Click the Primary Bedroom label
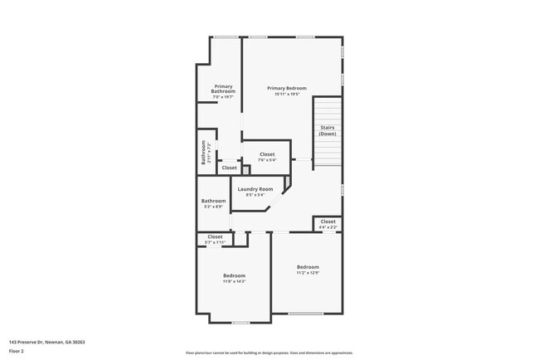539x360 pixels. tap(287, 88)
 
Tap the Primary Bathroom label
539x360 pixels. tap(224, 89)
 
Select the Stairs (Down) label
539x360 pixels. tap(328, 130)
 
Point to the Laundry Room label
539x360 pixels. tap(255, 189)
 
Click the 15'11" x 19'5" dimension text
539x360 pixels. tap(287, 94)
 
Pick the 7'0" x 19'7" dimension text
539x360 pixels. tap(224, 97)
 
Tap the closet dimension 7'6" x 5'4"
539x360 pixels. tap(267, 160)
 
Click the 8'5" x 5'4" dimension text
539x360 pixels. tap(255, 196)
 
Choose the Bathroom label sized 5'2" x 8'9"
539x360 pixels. tap(213, 201)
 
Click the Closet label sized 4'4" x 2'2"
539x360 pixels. tap(328, 221)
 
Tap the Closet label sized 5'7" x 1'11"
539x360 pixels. tap(215, 236)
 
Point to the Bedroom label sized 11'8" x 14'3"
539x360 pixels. tap(234, 275)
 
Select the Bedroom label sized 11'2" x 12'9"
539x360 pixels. tap(308, 266)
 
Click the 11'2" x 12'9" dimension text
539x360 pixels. tap(308, 273)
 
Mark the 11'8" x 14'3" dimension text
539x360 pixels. tap(234, 282)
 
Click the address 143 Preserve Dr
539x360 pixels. tap(47, 342)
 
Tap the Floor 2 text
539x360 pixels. tap(17, 351)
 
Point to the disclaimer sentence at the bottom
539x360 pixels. tap(269, 353)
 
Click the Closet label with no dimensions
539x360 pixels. tap(229, 168)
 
